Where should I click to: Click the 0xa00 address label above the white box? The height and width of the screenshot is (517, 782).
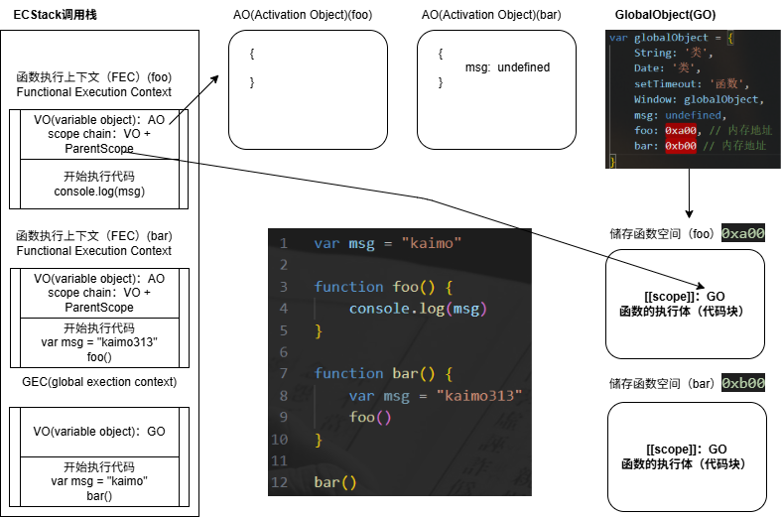742,234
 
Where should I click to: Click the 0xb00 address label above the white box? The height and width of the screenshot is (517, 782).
742,383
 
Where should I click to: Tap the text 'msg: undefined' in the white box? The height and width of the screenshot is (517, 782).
507,67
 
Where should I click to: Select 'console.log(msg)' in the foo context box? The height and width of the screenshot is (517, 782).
99,192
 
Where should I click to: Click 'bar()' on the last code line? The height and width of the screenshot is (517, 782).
334,482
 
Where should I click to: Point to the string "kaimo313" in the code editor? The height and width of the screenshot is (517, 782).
478,396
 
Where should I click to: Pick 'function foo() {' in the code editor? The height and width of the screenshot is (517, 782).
383,287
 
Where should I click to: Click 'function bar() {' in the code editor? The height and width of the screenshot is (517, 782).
383,373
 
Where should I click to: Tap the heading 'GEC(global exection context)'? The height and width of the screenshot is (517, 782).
99,382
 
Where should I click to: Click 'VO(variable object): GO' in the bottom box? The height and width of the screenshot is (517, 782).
99,432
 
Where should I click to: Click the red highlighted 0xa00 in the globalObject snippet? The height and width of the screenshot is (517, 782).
681,130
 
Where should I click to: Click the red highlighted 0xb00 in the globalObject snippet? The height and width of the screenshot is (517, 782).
681,146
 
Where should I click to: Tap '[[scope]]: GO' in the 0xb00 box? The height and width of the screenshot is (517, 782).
686,450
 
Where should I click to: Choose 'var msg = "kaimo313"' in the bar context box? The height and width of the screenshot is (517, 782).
99,342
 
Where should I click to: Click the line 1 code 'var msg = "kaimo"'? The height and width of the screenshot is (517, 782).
388,243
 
